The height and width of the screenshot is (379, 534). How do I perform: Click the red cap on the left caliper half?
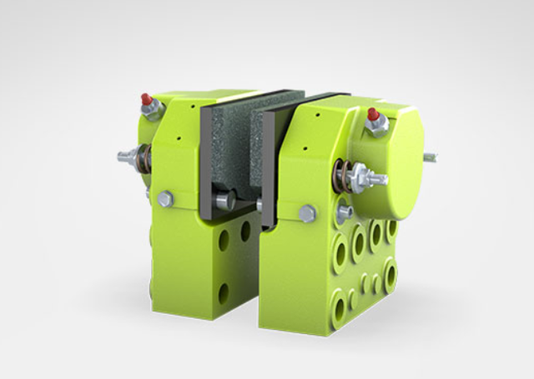(148, 100)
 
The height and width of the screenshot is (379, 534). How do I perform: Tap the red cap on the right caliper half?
(372, 114)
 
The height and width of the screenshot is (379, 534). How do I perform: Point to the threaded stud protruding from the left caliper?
(125, 156)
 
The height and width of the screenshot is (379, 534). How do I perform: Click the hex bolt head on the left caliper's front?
(165, 198)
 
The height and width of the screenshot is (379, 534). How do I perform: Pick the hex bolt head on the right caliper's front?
(306, 213)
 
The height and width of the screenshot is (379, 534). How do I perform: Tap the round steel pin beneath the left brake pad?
(224, 201)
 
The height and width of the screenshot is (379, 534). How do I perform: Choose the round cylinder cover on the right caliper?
(392, 162)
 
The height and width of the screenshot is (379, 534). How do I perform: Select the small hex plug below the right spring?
(344, 212)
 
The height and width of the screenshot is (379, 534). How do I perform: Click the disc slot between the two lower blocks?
(254, 275)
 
